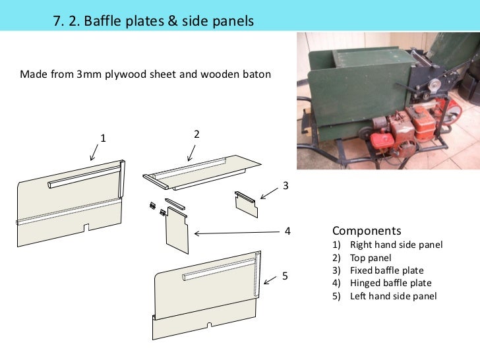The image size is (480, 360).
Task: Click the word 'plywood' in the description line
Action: coord(135,74)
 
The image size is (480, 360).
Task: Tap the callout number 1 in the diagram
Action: coord(103,138)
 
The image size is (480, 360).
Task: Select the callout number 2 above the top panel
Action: coord(196,134)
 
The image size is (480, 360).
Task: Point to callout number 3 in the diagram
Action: coord(285,187)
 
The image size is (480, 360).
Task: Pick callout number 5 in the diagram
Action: coord(285,276)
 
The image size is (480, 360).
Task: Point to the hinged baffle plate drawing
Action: coord(177,231)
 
